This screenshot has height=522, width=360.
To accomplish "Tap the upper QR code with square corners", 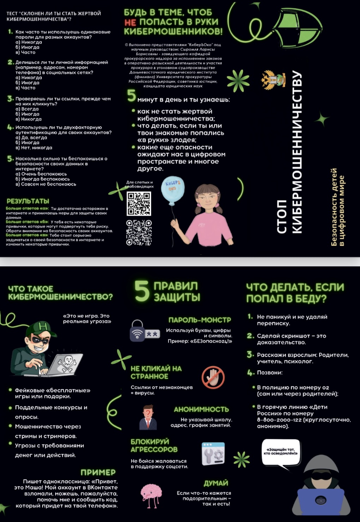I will click(139, 204).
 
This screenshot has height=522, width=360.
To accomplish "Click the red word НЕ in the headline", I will click(130, 22).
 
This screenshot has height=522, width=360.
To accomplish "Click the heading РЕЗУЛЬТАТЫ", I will click(28, 201).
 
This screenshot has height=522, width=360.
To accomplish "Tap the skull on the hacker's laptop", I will click(67, 363).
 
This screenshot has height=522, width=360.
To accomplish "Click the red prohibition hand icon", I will click(213, 377).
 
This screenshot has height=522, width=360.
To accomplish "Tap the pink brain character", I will click(151, 494).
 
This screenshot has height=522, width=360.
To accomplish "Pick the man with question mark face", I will click(148, 417).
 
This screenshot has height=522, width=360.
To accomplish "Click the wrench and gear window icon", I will click(213, 454).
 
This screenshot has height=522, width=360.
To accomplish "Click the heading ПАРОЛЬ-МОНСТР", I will click(200, 320).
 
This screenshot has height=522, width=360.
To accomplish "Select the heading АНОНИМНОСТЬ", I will click(201, 409).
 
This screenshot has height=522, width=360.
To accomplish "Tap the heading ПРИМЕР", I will click(98, 472).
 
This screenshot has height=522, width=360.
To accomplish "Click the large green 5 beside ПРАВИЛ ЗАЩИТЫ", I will click(142, 291).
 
